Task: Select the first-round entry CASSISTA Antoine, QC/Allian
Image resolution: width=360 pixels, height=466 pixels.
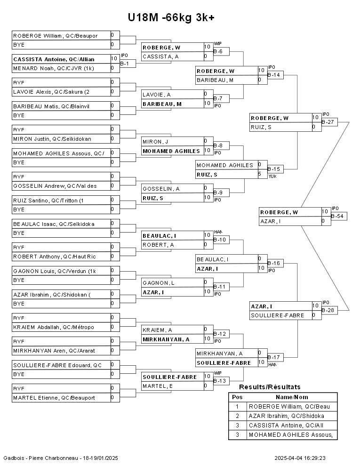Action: pos(54,59)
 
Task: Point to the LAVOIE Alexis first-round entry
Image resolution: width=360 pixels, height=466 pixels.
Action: pos(51,92)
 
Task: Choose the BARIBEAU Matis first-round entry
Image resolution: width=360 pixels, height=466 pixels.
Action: pos(51,106)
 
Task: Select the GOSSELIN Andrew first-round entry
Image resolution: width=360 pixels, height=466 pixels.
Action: pos(55,186)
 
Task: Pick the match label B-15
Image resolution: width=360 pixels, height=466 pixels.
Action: pos(275,169)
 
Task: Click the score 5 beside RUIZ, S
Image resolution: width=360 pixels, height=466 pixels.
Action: pos(260,174)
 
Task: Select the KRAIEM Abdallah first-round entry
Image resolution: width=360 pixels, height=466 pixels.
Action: pos(54,327)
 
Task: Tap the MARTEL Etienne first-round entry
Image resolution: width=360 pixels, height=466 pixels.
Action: pos(54,398)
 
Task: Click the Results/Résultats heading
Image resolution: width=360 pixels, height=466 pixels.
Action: pos(270,387)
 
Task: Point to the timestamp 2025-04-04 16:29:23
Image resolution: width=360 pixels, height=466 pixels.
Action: pos(300,458)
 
